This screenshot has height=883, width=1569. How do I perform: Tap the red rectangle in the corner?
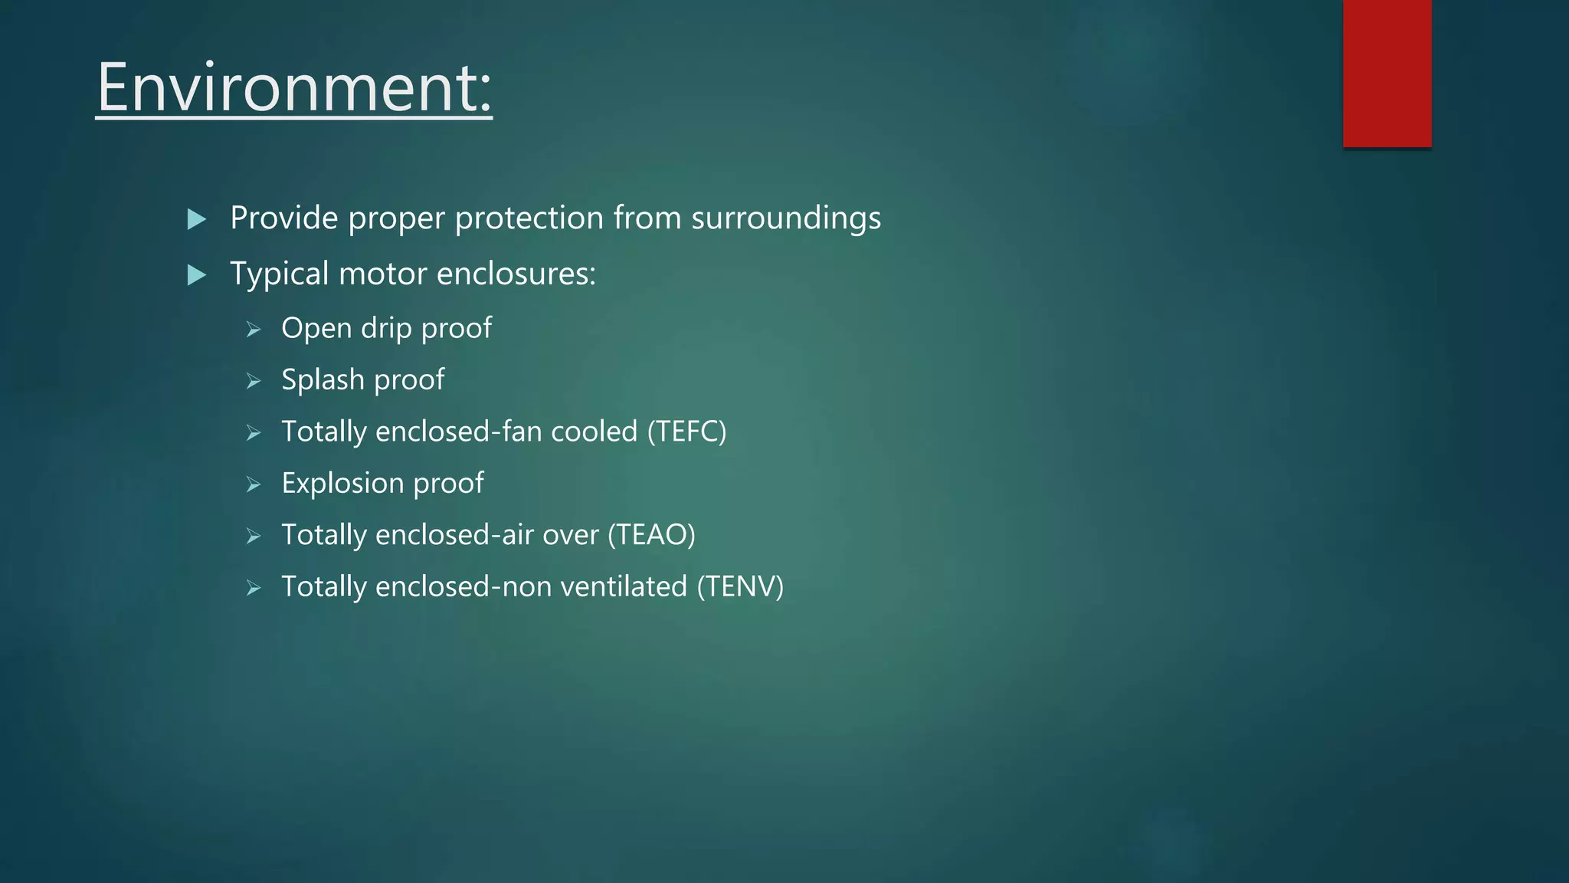click(x=1387, y=74)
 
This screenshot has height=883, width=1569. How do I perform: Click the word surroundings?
click(x=786, y=218)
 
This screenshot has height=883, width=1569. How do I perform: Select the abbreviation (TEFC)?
click(x=686, y=432)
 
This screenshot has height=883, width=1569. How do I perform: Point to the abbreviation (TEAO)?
click(x=651, y=535)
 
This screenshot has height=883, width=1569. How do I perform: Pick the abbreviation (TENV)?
click(x=740, y=587)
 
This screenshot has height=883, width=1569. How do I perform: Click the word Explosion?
click(x=342, y=484)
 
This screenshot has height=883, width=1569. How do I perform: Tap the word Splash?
click(x=323, y=380)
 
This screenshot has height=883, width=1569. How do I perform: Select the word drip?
click(x=387, y=329)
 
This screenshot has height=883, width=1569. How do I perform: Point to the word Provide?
click(x=284, y=218)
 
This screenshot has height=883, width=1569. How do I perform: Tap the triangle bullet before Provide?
click(x=197, y=220)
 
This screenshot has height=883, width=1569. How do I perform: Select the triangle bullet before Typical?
click(x=197, y=275)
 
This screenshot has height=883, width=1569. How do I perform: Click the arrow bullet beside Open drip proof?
click(x=254, y=330)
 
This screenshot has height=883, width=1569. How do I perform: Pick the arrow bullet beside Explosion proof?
click(x=254, y=485)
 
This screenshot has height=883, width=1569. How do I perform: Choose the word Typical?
click(x=279, y=274)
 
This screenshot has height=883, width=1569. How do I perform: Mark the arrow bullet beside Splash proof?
click(x=254, y=382)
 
